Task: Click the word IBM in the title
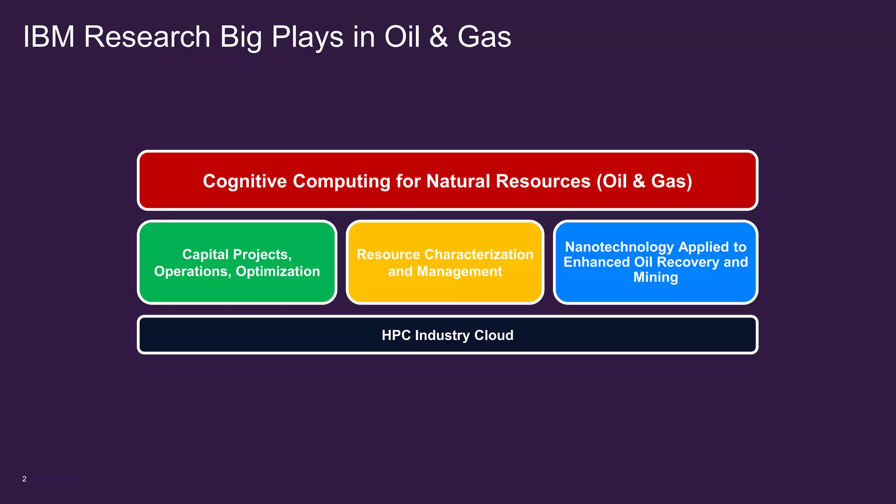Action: pyautogui.click(x=49, y=37)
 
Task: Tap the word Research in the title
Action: pyautogui.click(x=147, y=37)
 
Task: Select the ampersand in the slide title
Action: pyautogui.click(x=438, y=37)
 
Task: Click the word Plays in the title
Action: pyautogui.click(x=307, y=38)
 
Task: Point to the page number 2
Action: pyautogui.click(x=24, y=479)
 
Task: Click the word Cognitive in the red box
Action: pyautogui.click(x=245, y=181)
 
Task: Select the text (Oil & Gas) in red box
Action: pyautogui.click(x=644, y=181)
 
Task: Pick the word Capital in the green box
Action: pyautogui.click(x=205, y=255)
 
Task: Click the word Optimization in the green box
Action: pyautogui.click(x=278, y=272)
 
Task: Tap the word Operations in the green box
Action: pyautogui.click(x=191, y=272)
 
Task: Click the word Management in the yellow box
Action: pyautogui.click(x=459, y=272)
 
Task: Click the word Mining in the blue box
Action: pyautogui.click(x=655, y=277)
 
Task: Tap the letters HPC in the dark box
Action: pyautogui.click(x=396, y=336)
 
